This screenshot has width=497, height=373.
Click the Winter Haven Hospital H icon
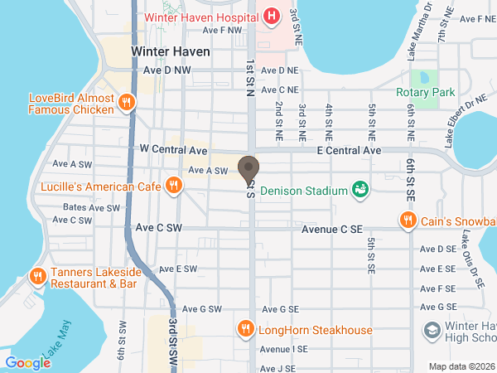[271, 17]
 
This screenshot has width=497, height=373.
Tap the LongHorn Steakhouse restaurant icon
[245, 330]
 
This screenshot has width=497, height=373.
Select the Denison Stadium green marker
[359, 191]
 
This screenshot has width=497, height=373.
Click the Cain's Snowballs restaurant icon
[408, 220]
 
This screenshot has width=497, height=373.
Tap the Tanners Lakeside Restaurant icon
[37, 276]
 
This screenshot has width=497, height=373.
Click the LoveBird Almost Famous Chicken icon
[126, 103]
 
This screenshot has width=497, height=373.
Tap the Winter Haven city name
[171, 51]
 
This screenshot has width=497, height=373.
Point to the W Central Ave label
[173, 150]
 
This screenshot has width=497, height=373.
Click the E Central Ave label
[349, 151]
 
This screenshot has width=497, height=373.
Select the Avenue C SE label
[332, 228]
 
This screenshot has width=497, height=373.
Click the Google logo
[27, 362]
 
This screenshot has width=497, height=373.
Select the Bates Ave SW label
[92, 207]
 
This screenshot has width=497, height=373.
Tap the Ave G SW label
[201, 308]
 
